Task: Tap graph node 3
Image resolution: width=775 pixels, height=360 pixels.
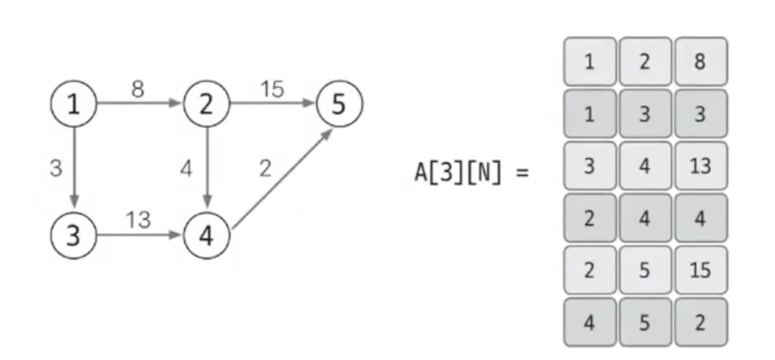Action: click(x=73, y=236)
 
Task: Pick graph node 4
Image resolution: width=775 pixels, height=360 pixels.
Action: click(x=206, y=236)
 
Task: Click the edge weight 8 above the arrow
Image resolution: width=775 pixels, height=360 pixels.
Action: click(x=138, y=89)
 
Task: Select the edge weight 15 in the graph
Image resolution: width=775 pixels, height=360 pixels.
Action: click(x=271, y=89)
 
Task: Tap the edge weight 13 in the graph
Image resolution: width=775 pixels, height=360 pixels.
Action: click(x=138, y=220)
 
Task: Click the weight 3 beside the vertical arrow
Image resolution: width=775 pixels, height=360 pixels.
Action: click(x=56, y=169)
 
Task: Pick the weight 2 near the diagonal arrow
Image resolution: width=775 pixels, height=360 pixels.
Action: click(x=265, y=169)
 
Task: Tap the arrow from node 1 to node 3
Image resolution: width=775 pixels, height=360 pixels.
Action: click(x=74, y=170)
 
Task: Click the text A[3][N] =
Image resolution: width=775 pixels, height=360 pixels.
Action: click(x=471, y=174)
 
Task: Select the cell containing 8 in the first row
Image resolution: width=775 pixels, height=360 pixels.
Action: click(x=701, y=62)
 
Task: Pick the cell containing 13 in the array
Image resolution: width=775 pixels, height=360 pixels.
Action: click(x=701, y=166)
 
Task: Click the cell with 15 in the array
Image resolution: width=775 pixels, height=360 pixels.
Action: click(x=701, y=270)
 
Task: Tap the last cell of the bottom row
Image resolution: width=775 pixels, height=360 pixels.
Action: click(x=701, y=322)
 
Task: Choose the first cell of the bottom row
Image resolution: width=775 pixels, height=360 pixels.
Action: click(x=590, y=322)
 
